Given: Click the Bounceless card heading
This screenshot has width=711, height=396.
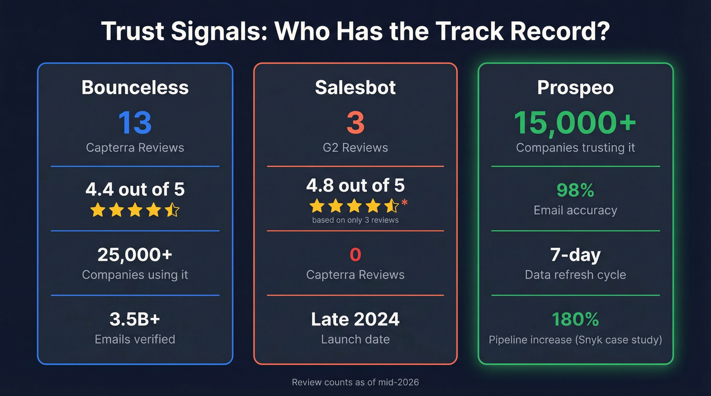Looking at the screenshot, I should click(135, 87).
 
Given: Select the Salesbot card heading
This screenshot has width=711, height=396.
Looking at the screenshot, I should click(355, 87).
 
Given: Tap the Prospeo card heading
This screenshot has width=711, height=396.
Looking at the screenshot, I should click(575, 87).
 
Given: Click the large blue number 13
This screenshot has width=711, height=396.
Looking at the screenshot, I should click(135, 122).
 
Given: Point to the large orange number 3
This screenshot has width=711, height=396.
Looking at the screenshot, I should click(355, 122).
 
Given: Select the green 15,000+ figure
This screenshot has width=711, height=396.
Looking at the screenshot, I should click(575, 122).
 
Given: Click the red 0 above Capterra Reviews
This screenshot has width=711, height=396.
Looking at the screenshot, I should click(355, 254).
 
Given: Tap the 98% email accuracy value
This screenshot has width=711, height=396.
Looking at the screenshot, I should click(575, 190).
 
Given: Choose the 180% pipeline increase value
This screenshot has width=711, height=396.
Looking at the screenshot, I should click(575, 319).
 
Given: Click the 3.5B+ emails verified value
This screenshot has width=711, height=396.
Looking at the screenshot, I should click(135, 319).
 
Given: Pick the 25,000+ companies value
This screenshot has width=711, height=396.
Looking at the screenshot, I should click(135, 254).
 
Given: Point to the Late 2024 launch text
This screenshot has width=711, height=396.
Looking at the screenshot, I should click(355, 319).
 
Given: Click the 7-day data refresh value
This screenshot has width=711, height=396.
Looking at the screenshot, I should click(575, 254).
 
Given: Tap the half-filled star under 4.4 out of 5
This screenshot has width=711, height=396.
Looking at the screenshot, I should click(172, 209).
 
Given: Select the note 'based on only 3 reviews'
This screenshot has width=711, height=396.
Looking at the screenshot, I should click(355, 220).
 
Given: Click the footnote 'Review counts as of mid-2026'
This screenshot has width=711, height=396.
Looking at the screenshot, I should click(355, 382).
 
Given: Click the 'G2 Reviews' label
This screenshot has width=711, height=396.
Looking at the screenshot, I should click(355, 148).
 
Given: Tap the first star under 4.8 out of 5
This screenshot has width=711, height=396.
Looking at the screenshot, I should click(317, 205).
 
